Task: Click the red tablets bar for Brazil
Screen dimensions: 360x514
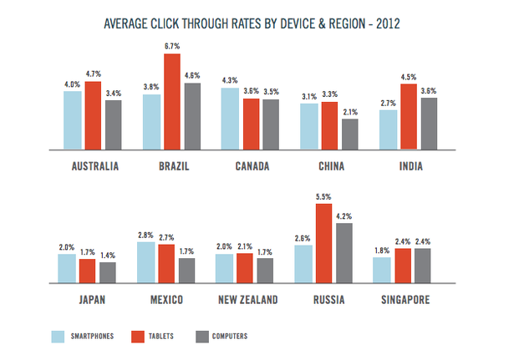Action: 171,101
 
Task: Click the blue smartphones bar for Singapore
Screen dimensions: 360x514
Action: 382,270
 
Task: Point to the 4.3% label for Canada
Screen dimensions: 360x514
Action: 230,80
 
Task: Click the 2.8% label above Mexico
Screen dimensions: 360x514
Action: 145,235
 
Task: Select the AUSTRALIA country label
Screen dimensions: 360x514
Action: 92,165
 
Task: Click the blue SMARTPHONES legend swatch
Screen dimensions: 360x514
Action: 59,337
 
